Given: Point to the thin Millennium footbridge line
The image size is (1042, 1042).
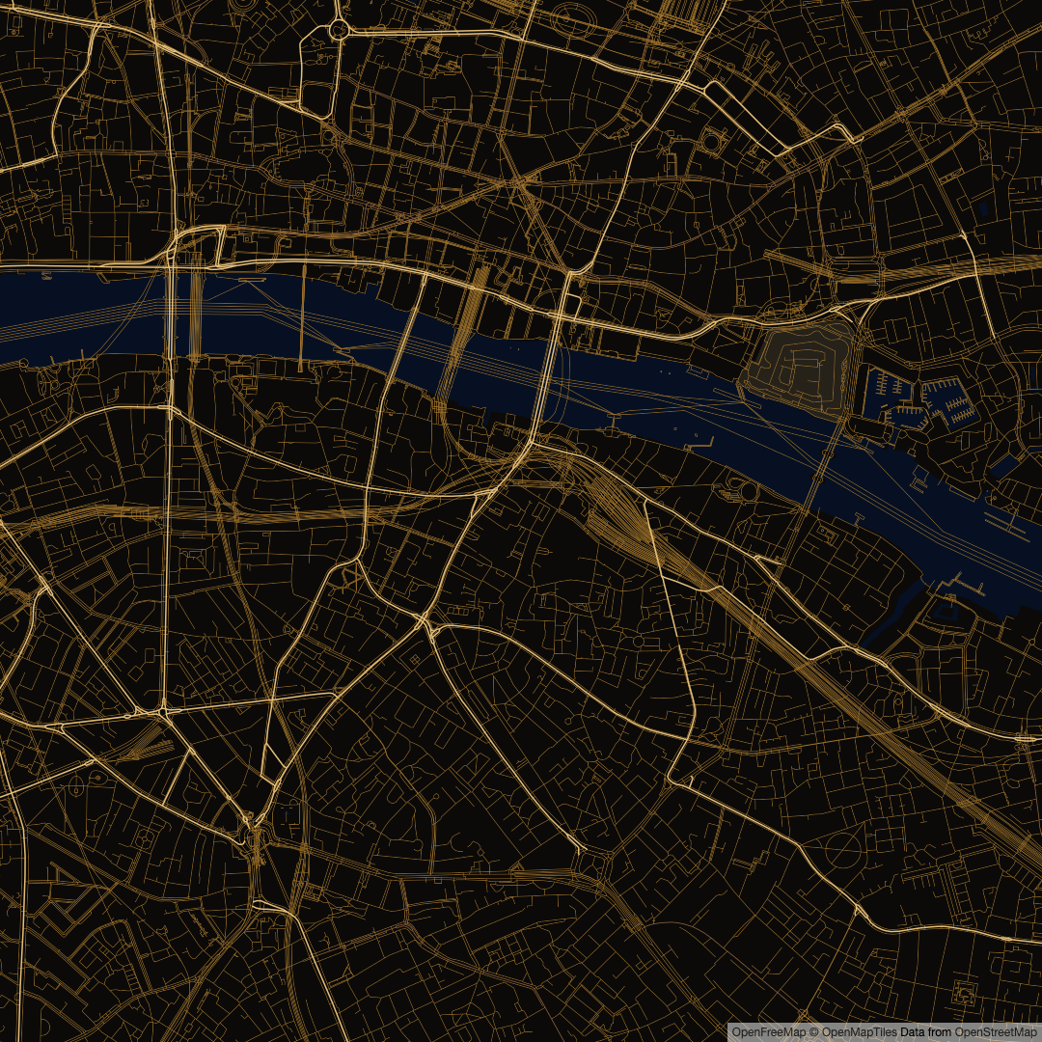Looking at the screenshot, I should (302, 318).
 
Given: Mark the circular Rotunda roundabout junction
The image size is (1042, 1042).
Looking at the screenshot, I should (339, 30).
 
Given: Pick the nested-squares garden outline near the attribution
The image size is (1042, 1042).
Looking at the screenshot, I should (963, 992).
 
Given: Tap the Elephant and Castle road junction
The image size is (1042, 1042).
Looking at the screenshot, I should (253, 830).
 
